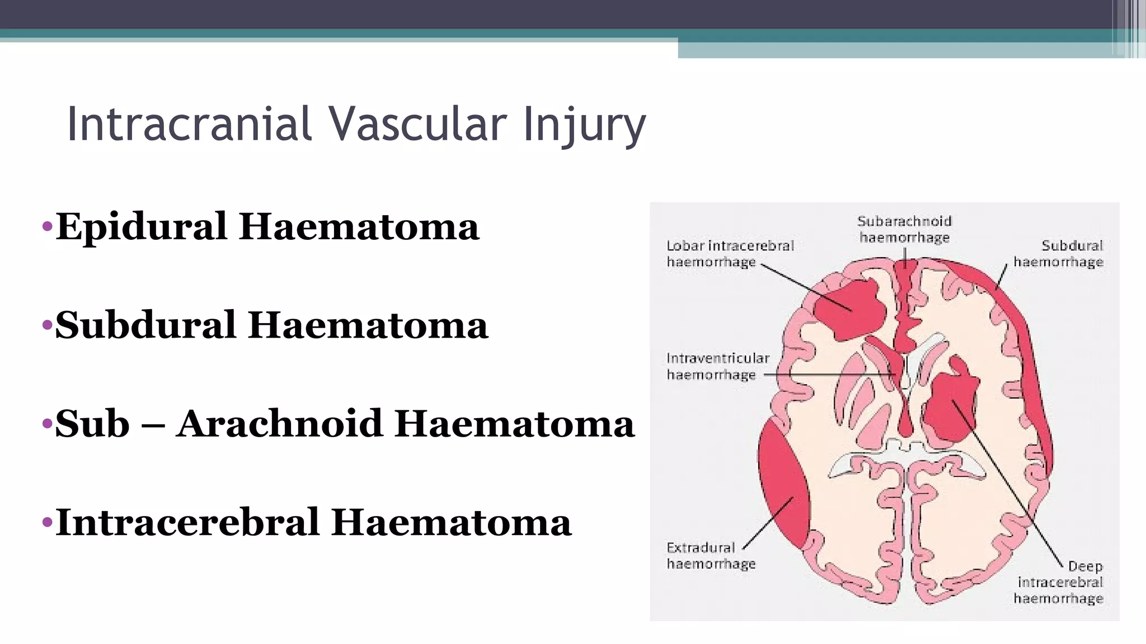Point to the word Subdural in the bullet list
[145, 325]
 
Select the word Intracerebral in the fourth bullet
[187, 522]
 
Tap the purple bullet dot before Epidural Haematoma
[47, 227]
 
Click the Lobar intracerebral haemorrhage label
[729, 253]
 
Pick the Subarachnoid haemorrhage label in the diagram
[904, 229]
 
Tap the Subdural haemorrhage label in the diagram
[1058, 253]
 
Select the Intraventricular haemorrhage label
[717, 366]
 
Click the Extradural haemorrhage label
[711, 555]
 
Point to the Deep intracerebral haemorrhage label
[1059, 583]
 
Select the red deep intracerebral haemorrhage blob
[948, 405]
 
